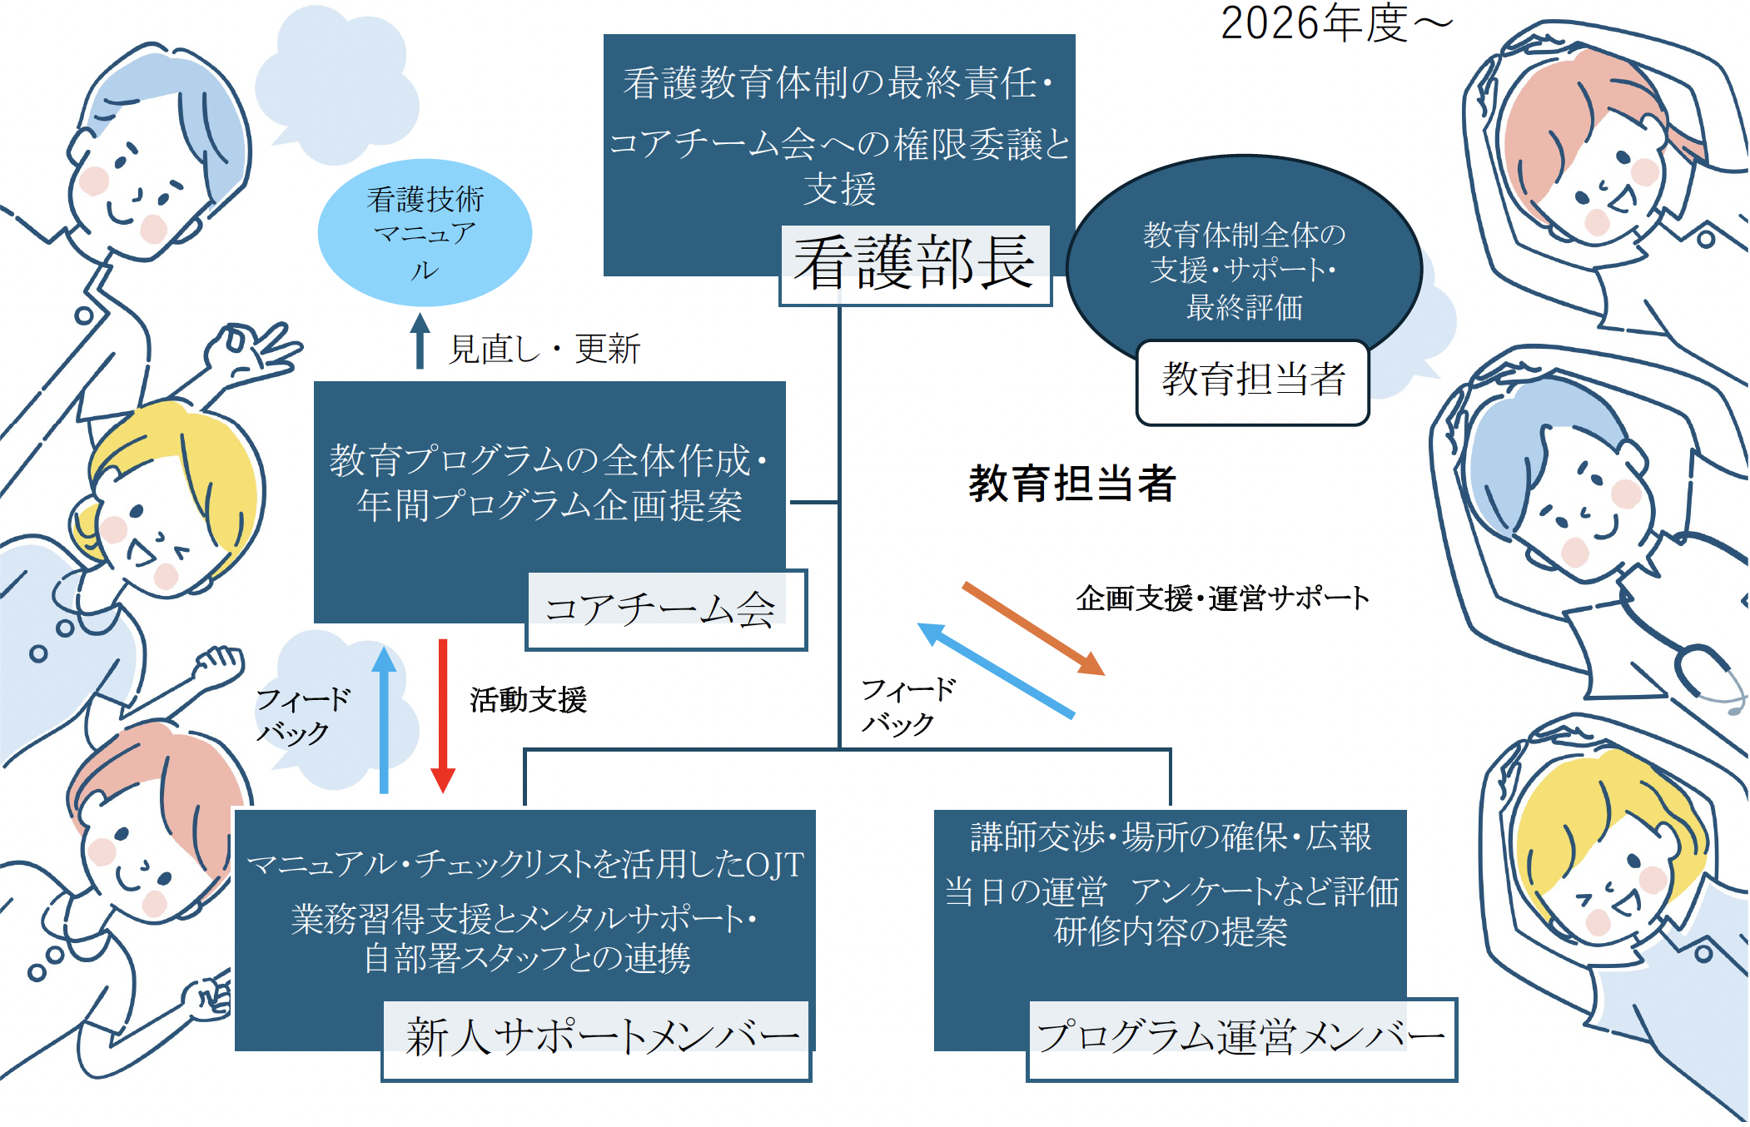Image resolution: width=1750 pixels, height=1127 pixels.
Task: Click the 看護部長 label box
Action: pos(915,265)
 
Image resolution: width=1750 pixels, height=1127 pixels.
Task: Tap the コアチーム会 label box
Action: pos(666,609)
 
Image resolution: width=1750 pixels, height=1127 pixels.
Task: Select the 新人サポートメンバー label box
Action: pos(596,1040)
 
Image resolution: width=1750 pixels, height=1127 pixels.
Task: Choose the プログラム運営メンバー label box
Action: pos(1241,1039)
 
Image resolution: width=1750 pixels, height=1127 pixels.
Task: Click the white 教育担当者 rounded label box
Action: pos(1252,381)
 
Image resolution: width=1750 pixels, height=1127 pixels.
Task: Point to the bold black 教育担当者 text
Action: pos(1072,484)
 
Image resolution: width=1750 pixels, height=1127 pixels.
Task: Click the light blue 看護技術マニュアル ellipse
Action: pos(425,233)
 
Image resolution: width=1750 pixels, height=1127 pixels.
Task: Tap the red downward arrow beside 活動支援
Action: pos(443,716)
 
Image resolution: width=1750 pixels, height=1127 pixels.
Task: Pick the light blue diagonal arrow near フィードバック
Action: pos(996,670)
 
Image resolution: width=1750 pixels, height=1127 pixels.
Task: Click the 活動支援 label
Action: pos(528,700)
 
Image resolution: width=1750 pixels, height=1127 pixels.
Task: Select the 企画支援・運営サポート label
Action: pos(1222,598)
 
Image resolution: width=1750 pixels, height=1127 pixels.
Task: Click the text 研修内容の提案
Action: pos(1170,932)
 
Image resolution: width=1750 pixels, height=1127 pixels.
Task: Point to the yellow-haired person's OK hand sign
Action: pos(250,350)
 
